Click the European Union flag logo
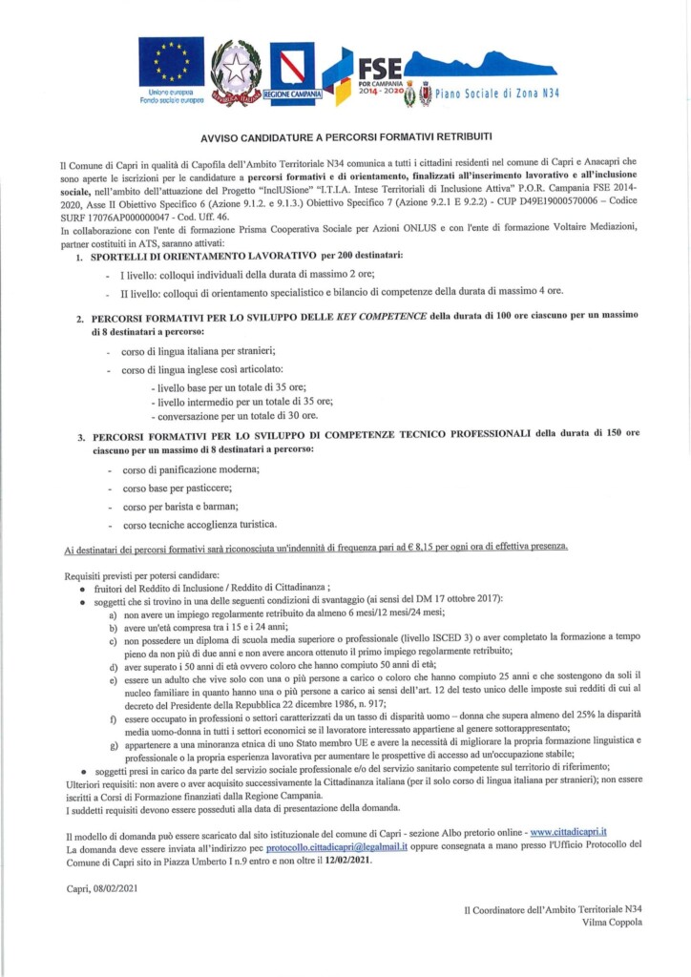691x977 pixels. (171, 62)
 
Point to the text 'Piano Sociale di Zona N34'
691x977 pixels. (497, 94)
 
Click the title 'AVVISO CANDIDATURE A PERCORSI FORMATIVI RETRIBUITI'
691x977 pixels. (345, 137)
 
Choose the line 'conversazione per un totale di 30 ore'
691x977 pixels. (237, 416)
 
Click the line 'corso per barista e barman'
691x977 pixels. (179, 506)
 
